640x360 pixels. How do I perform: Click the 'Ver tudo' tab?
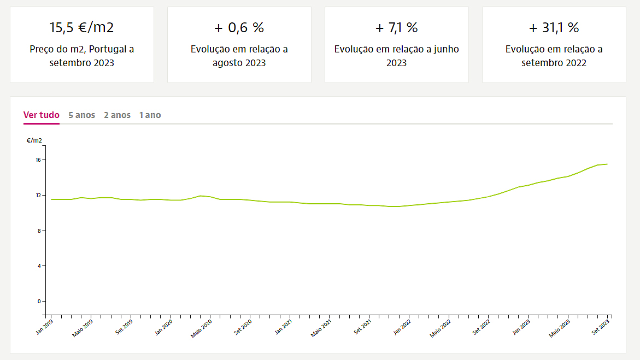click(x=42, y=115)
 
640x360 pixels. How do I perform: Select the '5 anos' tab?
click(x=82, y=115)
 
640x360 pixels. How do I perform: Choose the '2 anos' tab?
click(x=118, y=115)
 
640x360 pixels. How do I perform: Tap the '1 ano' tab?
click(x=150, y=115)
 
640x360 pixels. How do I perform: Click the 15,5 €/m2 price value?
click(x=82, y=28)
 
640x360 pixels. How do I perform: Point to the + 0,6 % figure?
click(x=239, y=28)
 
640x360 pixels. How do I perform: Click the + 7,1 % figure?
click(x=397, y=28)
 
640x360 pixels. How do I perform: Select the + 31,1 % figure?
click(x=554, y=28)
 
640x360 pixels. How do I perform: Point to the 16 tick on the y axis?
click(x=38, y=160)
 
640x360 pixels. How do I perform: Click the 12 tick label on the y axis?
click(x=38, y=196)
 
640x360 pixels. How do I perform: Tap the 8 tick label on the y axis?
click(x=39, y=231)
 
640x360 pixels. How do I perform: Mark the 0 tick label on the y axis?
click(x=39, y=302)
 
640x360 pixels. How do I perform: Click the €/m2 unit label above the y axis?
click(x=34, y=140)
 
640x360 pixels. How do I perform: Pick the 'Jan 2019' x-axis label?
click(x=45, y=326)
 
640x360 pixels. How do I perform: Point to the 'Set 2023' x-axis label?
click(x=602, y=327)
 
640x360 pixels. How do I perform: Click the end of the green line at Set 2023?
click(x=607, y=164)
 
